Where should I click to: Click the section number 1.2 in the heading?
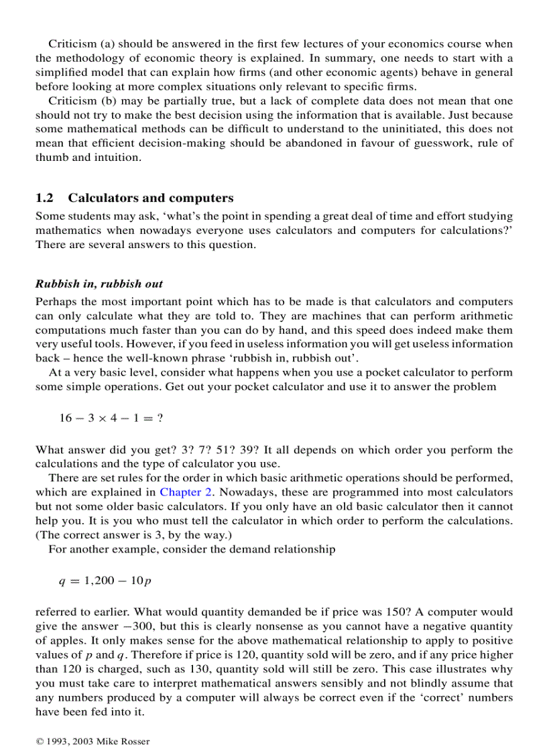click(x=44, y=198)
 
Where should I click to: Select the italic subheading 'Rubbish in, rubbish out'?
click(x=99, y=284)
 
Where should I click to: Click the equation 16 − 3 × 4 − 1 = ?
click(x=111, y=418)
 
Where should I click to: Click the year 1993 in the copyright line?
click(x=56, y=741)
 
